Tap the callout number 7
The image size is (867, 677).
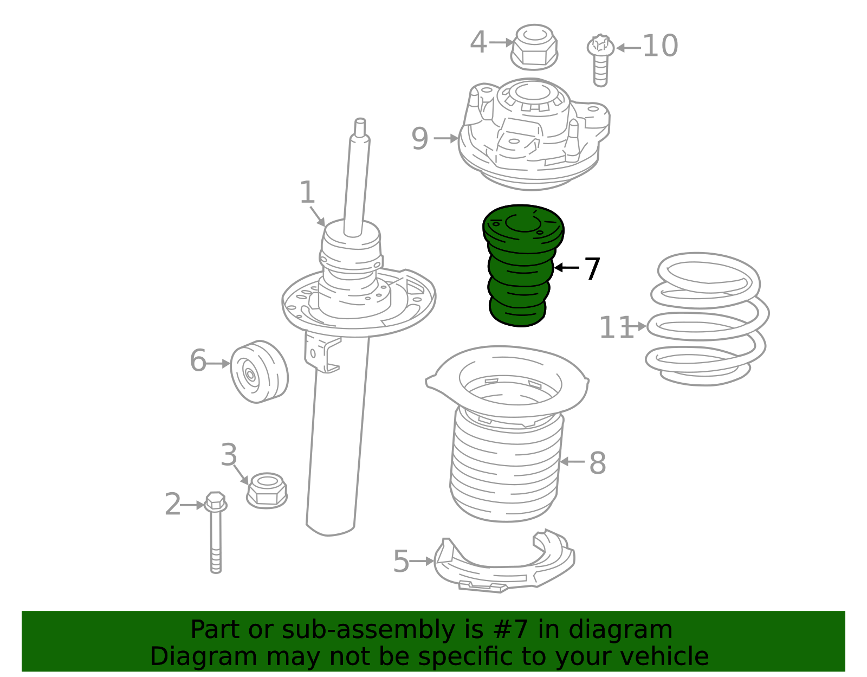point(592,269)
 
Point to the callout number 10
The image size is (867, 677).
point(660,47)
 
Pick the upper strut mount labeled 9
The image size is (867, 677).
point(534,136)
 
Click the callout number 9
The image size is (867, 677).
point(419,139)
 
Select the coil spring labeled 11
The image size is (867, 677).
point(707,320)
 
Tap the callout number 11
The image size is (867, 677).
point(616,328)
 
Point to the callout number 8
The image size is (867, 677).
point(597,463)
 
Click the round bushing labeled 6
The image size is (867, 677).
point(259,372)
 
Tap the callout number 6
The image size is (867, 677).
point(198,361)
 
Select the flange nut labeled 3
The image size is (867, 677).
point(267,490)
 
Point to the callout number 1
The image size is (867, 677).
point(307,193)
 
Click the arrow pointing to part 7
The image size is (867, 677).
point(566,268)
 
